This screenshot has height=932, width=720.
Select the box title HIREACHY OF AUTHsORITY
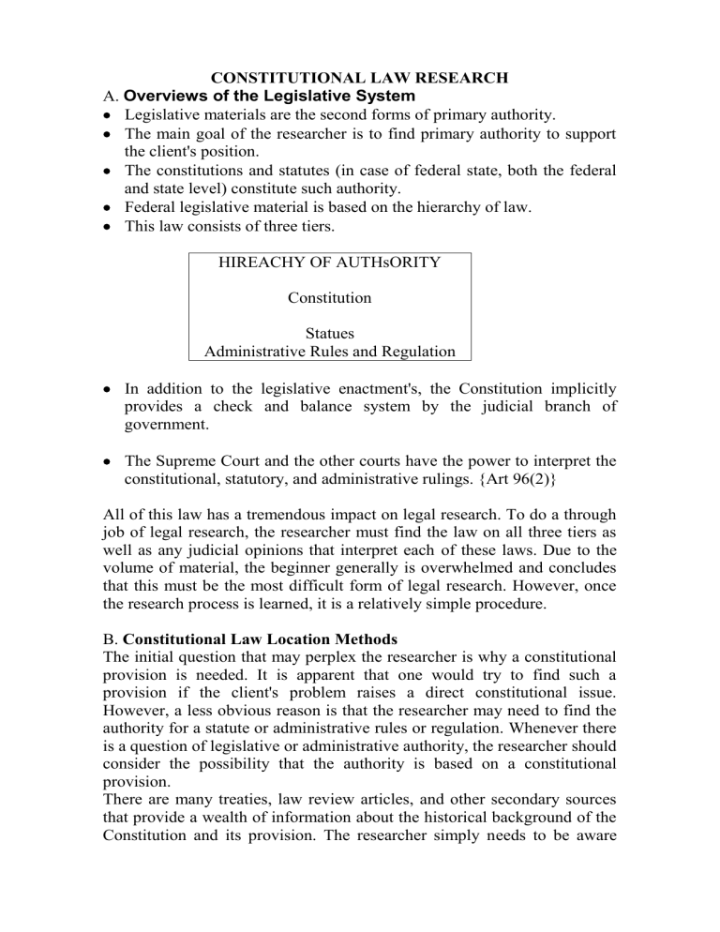[329, 264]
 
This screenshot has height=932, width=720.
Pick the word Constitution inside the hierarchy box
[329, 298]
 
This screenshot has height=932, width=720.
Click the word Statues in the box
[329, 333]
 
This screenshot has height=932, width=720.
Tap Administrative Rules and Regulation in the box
[329, 352]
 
